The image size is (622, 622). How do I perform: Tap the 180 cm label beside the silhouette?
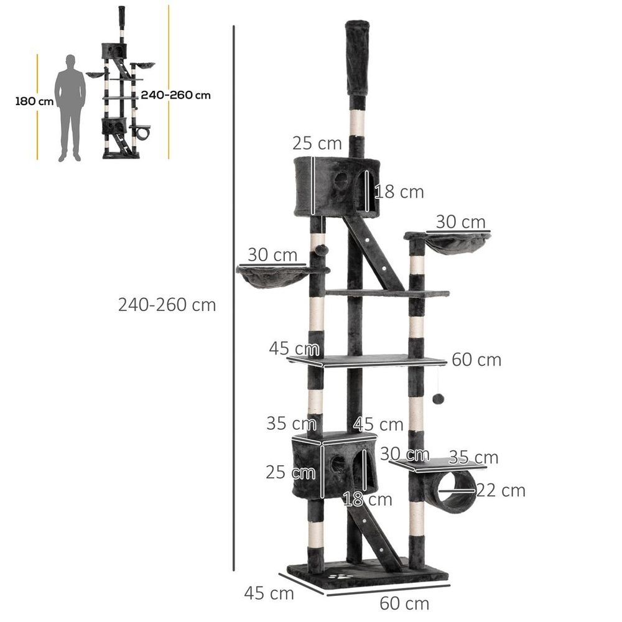point(35,101)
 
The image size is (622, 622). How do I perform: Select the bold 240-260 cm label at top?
point(176,95)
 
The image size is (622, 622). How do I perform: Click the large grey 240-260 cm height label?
point(167,305)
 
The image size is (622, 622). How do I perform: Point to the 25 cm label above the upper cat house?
point(317,144)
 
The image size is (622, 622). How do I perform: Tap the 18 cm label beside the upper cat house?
point(399,192)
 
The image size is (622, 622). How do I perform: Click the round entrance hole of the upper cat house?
point(340,180)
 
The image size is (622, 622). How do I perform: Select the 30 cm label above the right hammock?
point(460,221)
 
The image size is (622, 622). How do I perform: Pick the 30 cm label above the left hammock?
point(271,254)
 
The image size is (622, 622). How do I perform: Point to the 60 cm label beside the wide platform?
point(476,360)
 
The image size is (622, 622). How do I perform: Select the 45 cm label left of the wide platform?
point(294,348)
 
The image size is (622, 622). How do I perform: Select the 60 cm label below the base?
point(404,603)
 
